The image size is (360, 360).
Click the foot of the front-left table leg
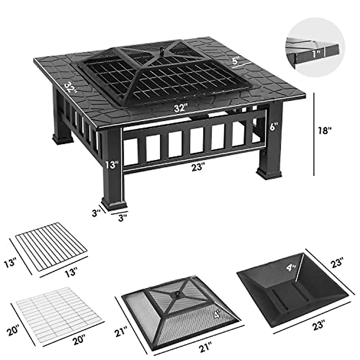point(114,204)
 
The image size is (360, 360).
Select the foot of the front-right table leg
point(269,174)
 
